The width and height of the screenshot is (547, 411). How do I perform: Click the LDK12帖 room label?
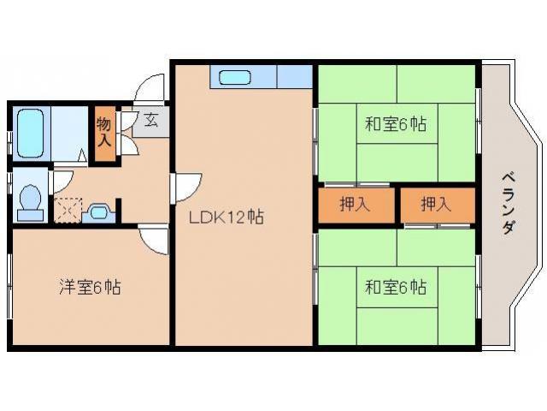pyautogui.click(x=226, y=217)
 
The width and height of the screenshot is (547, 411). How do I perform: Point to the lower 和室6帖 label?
pyautogui.click(x=396, y=288)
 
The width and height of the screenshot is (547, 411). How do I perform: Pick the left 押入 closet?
pyautogui.click(x=356, y=205)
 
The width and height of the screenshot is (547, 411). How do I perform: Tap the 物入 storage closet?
pyautogui.click(x=103, y=134)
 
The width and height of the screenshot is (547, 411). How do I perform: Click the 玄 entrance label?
pyautogui.click(x=151, y=121)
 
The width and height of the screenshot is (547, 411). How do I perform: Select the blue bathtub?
pyautogui.click(x=31, y=133)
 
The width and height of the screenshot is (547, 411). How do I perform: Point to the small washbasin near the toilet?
pyautogui.click(x=99, y=211)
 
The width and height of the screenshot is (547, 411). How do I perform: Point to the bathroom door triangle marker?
pyautogui.click(x=82, y=156)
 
